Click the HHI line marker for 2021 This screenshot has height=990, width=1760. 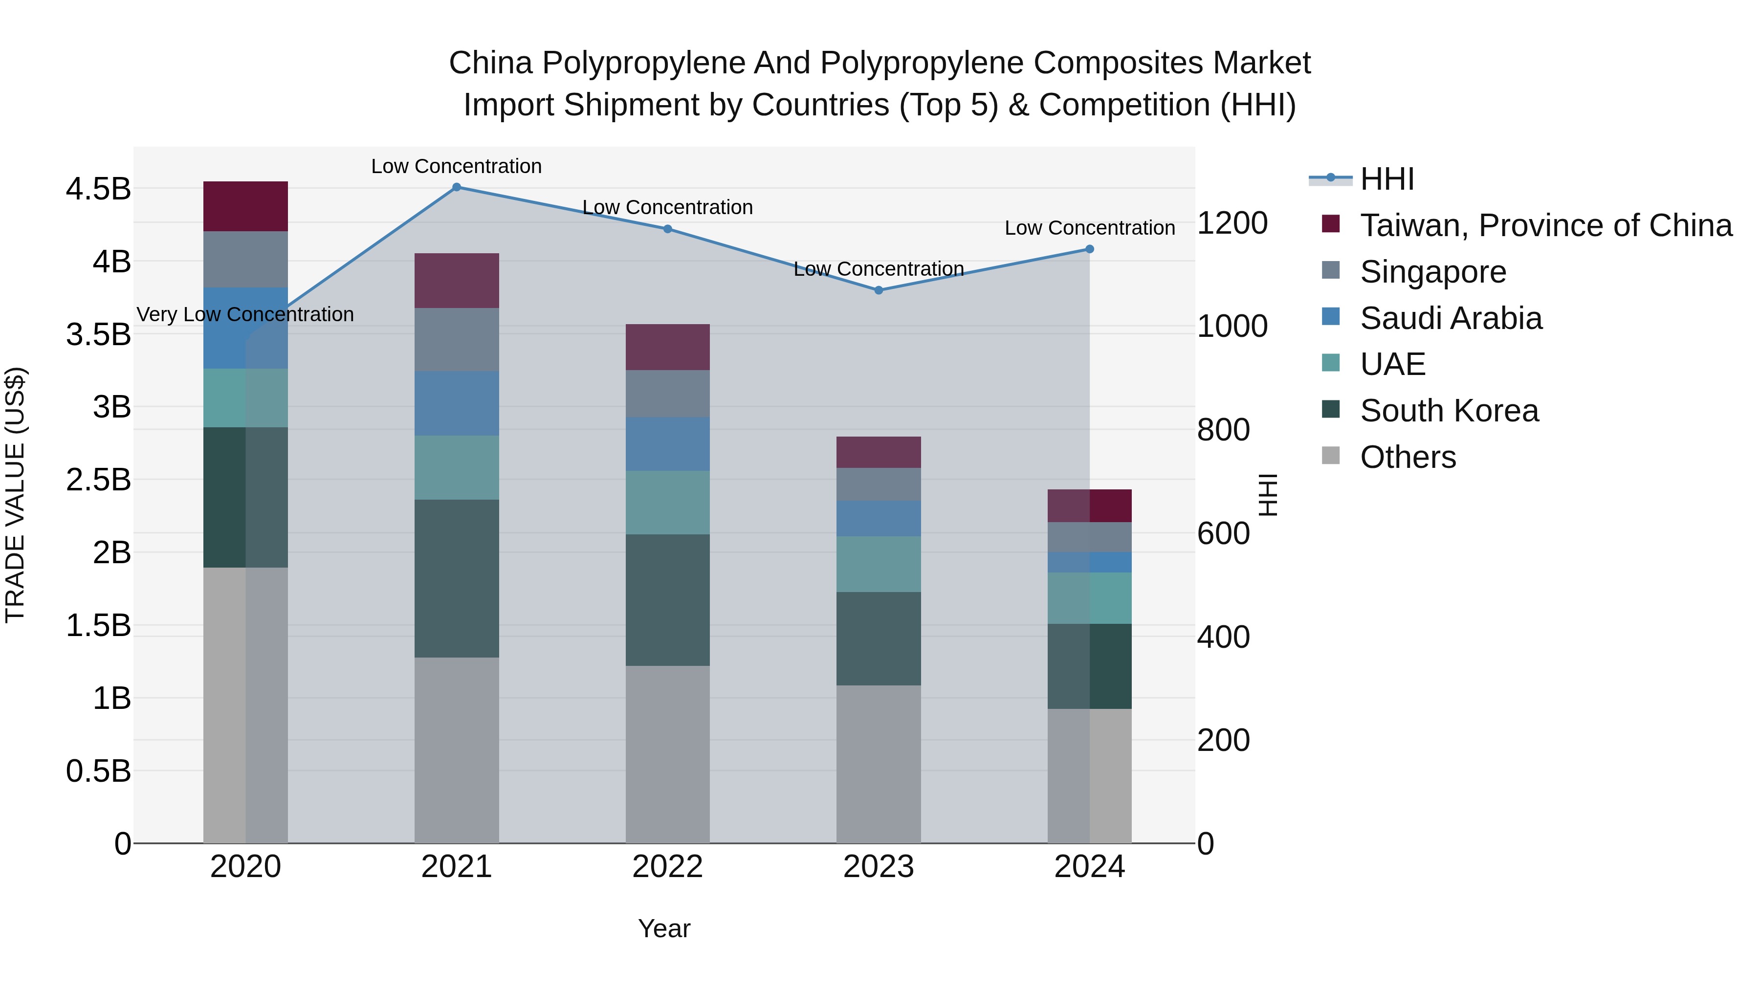[457, 187]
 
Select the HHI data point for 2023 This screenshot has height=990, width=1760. [879, 290]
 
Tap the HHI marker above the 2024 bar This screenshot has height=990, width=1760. [1090, 249]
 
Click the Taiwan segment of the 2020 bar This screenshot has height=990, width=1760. [245, 206]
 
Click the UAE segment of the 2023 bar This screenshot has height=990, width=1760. [879, 564]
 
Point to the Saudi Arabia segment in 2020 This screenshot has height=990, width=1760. [245, 328]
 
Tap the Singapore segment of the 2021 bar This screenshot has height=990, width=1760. [457, 340]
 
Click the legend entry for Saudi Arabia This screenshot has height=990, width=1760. [1451, 318]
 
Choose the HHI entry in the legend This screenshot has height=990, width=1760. [1387, 179]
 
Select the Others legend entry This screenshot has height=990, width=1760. [1408, 457]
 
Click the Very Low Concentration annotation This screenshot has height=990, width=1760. [245, 315]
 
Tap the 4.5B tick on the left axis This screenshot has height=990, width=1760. [98, 189]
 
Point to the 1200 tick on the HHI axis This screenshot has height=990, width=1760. [1232, 223]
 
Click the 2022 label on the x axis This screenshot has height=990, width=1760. [667, 867]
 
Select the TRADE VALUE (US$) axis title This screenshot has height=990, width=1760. [15, 495]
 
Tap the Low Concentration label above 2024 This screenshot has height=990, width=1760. [1090, 228]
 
